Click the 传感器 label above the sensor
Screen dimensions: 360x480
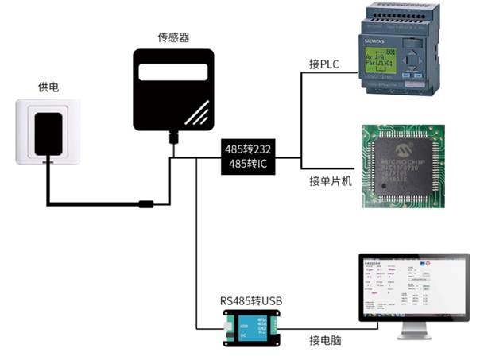pyautogui.click(x=174, y=37)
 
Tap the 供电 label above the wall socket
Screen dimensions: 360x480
pyautogui.click(x=48, y=86)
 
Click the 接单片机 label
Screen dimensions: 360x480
pyautogui.click(x=330, y=182)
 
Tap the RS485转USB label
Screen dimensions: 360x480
pyautogui.click(x=251, y=301)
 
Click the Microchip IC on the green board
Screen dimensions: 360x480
pyautogui.click(x=411, y=165)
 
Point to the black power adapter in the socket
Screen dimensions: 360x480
pyautogui.click(x=48, y=134)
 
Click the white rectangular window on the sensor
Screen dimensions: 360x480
pyautogui.click(x=173, y=73)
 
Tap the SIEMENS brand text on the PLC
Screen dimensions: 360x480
pyautogui.click(x=374, y=37)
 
